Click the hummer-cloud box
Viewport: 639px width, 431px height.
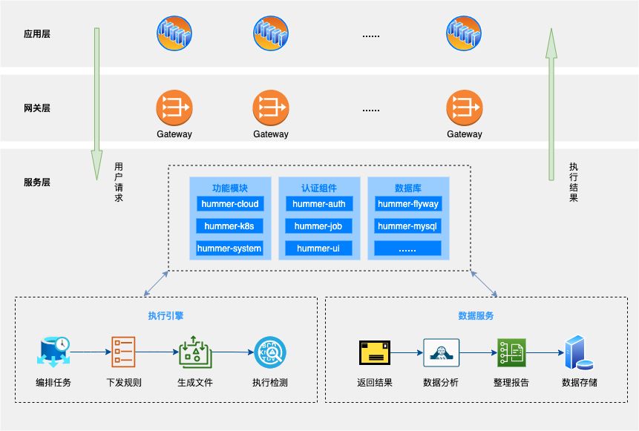coord(229,204)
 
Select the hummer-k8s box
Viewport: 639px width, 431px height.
coord(229,226)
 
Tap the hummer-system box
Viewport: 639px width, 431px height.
coord(229,249)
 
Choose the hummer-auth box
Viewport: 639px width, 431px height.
coord(319,204)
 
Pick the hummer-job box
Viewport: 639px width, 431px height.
coord(319,226)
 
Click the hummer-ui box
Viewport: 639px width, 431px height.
coord(319,249)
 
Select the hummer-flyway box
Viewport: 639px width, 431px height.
coord(407,204)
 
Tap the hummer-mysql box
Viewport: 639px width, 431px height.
coord(407,226)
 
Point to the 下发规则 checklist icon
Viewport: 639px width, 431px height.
coord(123,352)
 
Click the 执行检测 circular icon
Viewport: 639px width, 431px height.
coord(269,352)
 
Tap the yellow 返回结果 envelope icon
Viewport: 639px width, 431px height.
coord(375,352)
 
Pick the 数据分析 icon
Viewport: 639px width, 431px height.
coord(441,352)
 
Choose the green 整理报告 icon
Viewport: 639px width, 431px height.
coord(511,352)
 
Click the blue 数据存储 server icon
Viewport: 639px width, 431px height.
coord(579,354)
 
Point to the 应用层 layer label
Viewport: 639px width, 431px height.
coord(37,33)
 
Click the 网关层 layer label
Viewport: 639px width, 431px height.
coord(37,108)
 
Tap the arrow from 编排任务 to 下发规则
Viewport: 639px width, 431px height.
coord(88,352)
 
